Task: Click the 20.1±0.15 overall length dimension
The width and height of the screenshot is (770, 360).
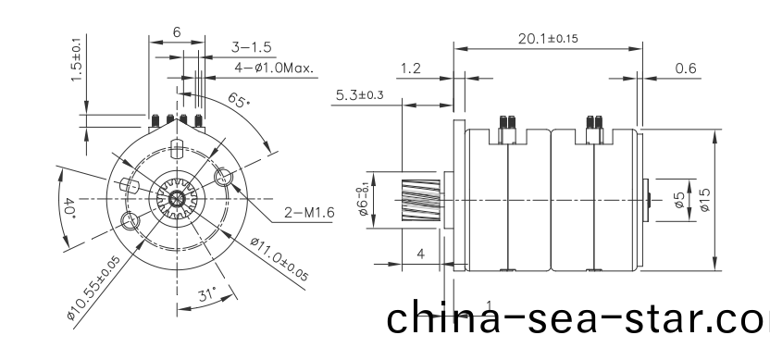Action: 547,38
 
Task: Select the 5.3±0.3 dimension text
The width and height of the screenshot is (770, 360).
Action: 359,95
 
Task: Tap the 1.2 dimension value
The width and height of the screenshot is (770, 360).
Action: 412,68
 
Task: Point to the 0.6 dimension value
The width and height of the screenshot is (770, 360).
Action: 686,68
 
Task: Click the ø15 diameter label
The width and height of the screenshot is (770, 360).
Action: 705,199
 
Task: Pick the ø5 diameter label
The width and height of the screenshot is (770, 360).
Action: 678,198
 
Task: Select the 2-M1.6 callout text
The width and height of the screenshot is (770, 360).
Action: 309,213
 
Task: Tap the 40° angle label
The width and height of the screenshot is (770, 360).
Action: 69,206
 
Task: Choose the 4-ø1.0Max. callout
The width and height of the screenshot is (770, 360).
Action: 275,68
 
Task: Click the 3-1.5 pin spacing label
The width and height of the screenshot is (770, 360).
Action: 251,46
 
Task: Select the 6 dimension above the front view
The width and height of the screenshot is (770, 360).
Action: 177,31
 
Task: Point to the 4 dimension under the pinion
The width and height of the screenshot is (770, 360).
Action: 420,253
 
